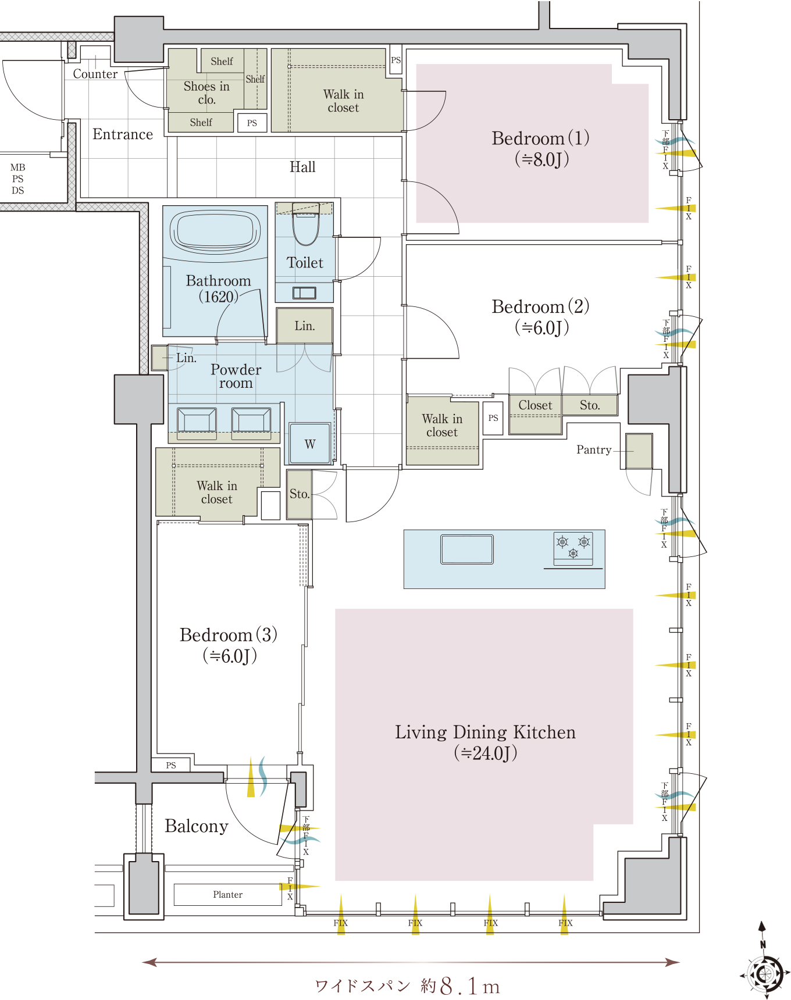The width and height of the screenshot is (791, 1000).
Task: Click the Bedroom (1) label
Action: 540,148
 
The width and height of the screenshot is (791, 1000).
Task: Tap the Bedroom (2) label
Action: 540,317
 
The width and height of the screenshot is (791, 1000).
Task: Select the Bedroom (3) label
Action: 229,645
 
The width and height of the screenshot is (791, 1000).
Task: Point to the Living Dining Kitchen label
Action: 486,742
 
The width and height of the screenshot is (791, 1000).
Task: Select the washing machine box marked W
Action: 310,443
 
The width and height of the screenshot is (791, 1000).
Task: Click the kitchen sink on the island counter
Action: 467,549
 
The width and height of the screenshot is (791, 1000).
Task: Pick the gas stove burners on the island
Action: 573,548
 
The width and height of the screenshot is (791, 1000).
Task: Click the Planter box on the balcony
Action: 228,895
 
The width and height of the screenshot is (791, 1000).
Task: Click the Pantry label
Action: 594,449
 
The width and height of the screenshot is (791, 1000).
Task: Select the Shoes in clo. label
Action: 206,93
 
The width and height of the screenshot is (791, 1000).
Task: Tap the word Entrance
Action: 123,134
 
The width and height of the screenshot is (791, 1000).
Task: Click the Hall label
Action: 302,167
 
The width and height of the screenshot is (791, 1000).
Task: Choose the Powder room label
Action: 236,376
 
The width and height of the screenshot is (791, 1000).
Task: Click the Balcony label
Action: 197,827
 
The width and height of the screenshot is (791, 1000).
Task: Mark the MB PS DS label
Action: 18,179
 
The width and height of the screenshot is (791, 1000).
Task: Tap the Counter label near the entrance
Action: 95,74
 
